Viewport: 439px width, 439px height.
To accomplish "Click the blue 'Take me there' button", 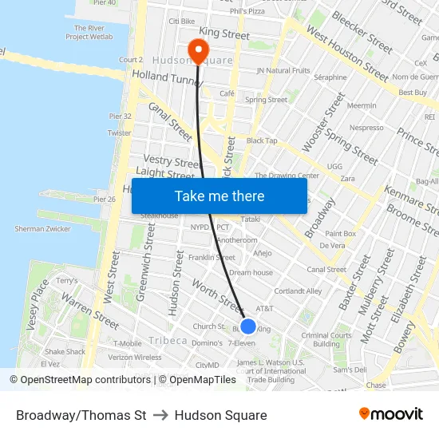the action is coord(219,196).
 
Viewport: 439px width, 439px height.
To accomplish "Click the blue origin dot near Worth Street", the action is coord(248,326).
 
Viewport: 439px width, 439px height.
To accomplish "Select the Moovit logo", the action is coord(391,414).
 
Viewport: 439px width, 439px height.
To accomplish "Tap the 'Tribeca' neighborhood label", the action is coord(168,341).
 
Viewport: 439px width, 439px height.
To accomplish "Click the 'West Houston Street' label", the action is coord(346,55).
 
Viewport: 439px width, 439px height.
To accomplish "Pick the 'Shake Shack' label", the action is coord(65,352).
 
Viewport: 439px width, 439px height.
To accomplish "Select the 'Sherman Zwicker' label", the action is coord(42,229).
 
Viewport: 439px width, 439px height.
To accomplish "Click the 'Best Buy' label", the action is coord(413,93).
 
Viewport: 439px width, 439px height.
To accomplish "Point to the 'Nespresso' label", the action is coord(366,128).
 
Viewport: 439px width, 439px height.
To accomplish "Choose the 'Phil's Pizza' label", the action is coord(247,12).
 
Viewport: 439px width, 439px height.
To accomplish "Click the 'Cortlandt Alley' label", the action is coord(298,291).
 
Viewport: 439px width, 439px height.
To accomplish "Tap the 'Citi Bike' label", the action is coord(182,21).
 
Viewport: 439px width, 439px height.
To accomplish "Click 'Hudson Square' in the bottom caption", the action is coord(220,415).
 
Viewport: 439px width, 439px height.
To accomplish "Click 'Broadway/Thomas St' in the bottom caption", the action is coord(81,415).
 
